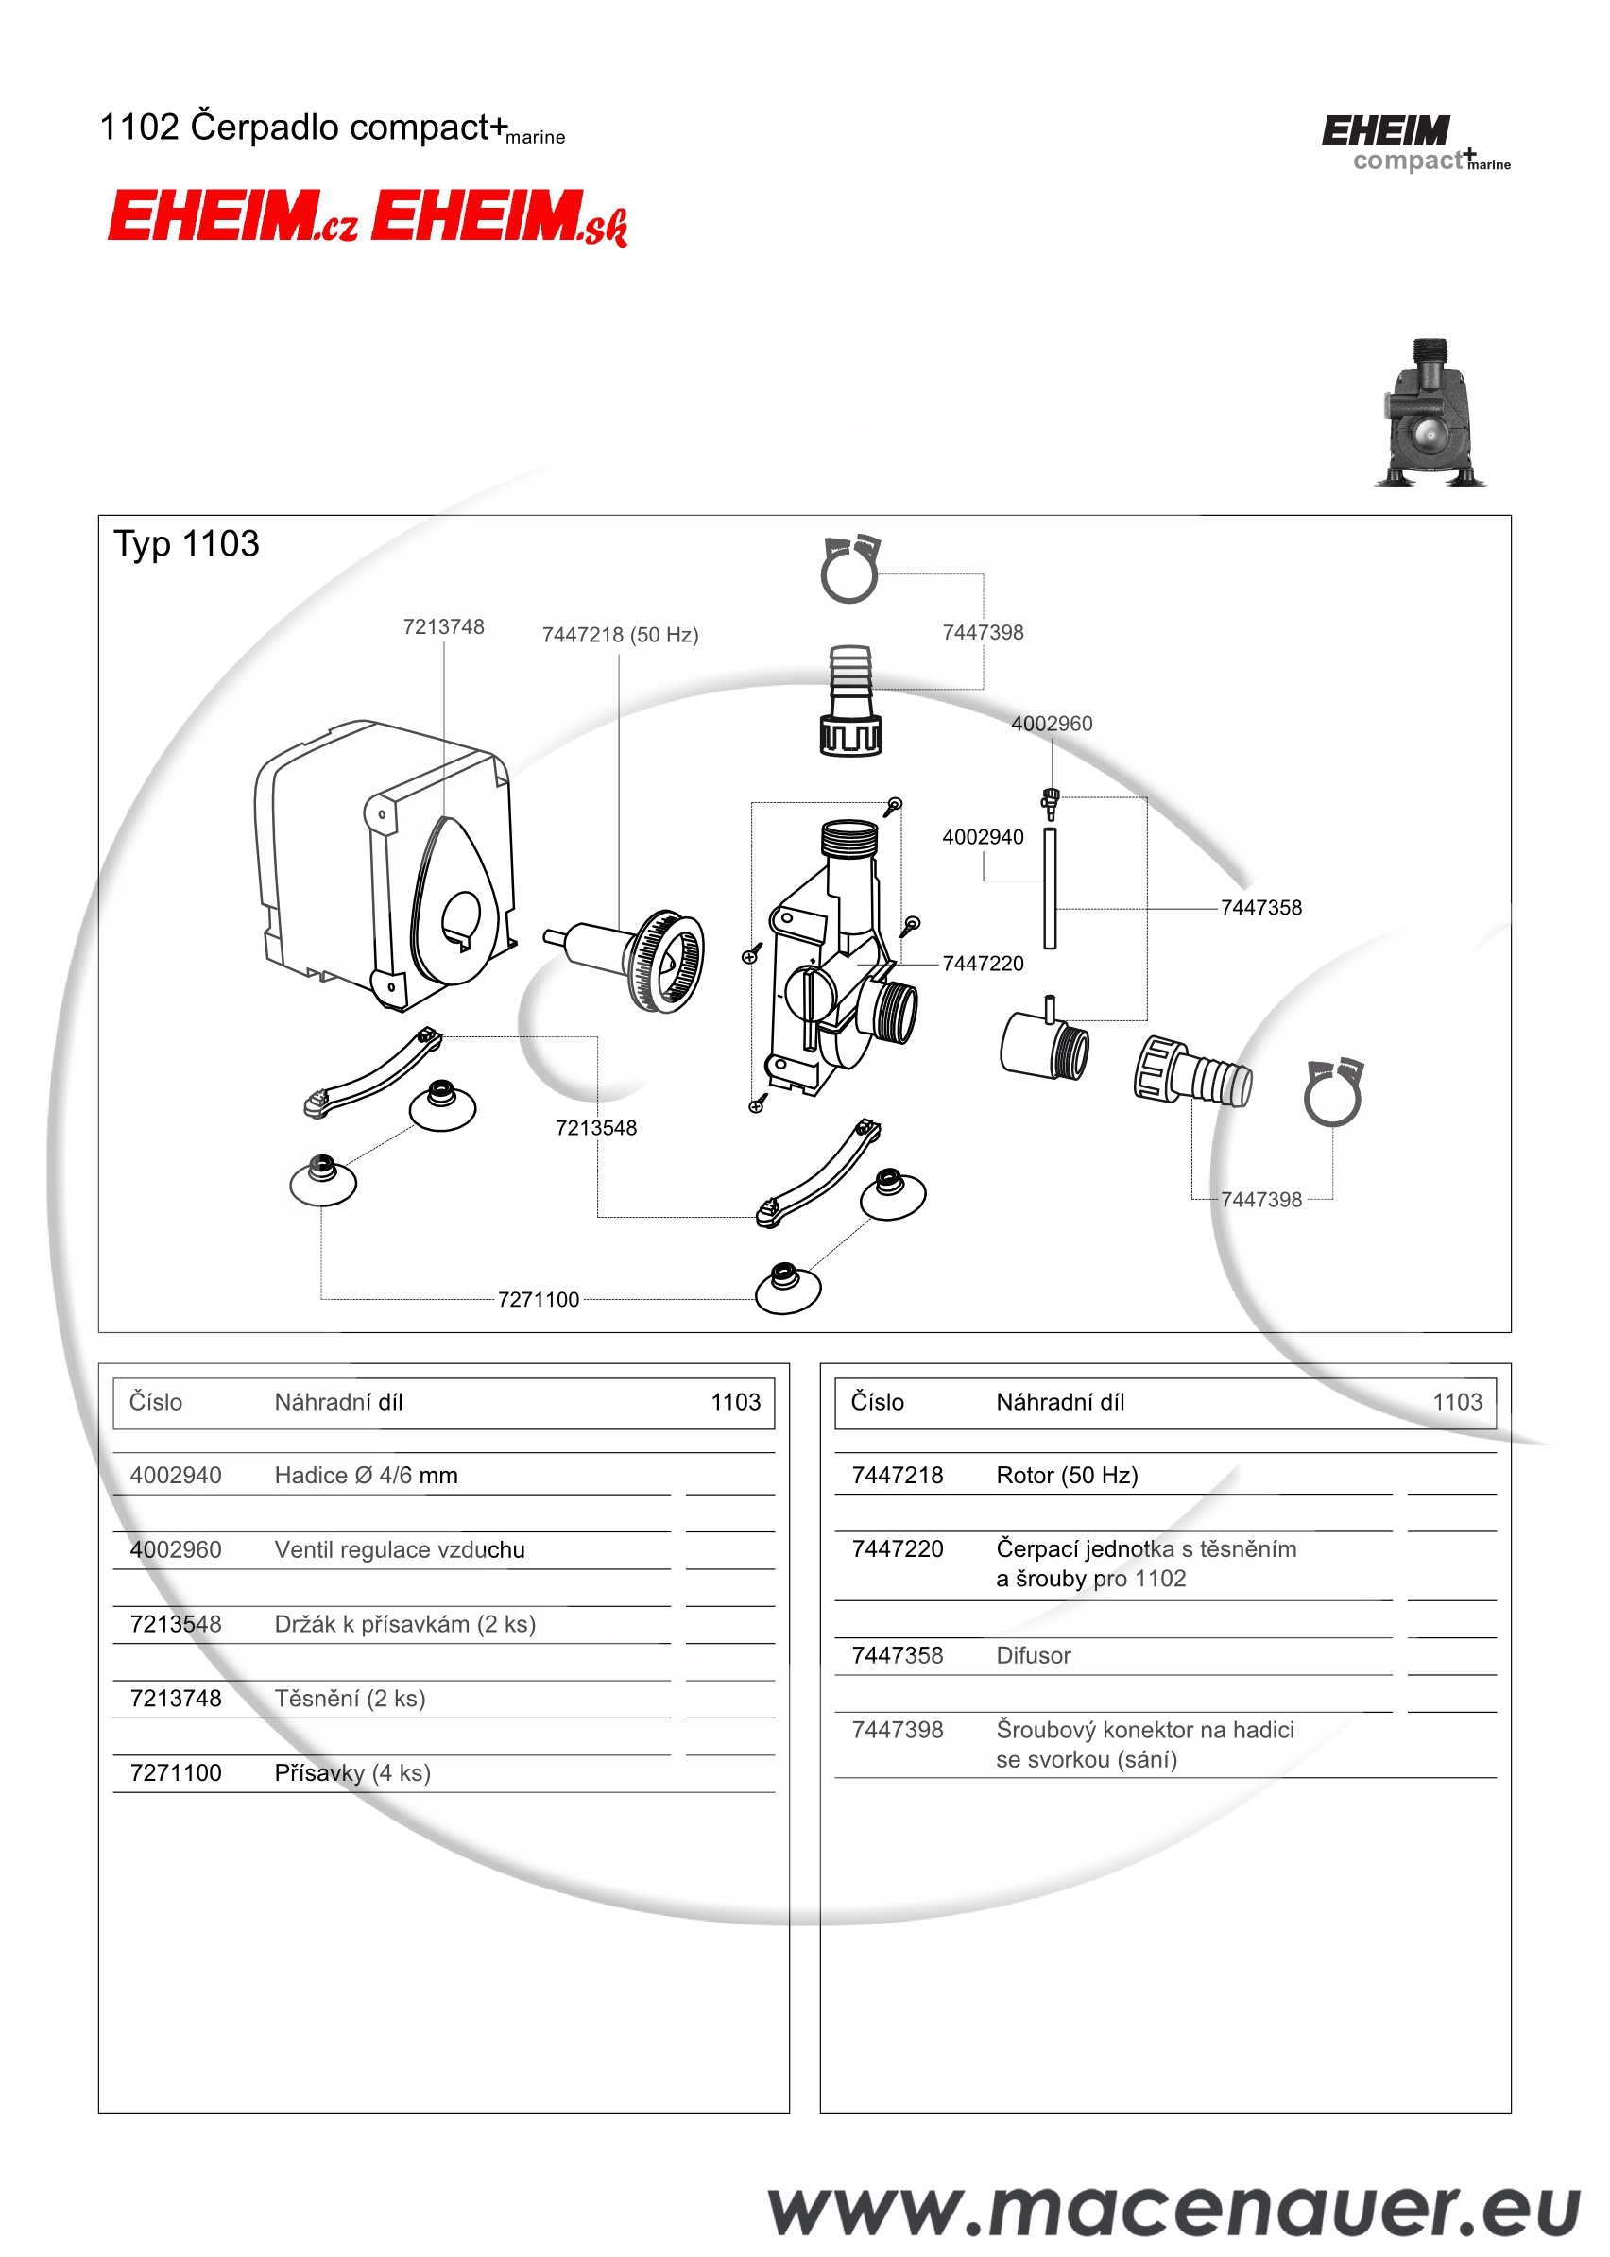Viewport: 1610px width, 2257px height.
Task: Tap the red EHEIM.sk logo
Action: pos(499,217)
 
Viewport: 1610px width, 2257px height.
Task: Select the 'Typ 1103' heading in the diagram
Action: pos(186,544)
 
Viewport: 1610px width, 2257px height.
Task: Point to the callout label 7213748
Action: pos(443,626)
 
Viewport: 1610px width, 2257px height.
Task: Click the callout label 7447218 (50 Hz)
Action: pos(620,634)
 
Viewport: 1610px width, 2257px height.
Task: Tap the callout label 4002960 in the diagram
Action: pos(1052,724)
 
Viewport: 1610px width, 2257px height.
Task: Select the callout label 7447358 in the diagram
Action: pos(1261,907)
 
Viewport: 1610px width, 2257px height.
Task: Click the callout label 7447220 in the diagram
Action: pos(983,963)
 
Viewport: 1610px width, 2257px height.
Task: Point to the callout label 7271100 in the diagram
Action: pos(539,1299)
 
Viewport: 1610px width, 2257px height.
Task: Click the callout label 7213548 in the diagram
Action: pos(596,1127)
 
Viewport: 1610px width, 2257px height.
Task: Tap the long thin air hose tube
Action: pos(1050,888)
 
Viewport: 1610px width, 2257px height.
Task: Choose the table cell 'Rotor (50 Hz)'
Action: pos(1067,1475)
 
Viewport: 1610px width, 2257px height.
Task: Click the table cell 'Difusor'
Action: pos(1033,1655)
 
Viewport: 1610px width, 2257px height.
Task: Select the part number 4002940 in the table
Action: pos(176,1475)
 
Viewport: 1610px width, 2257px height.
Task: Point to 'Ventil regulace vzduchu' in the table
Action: pos(400,1549)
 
